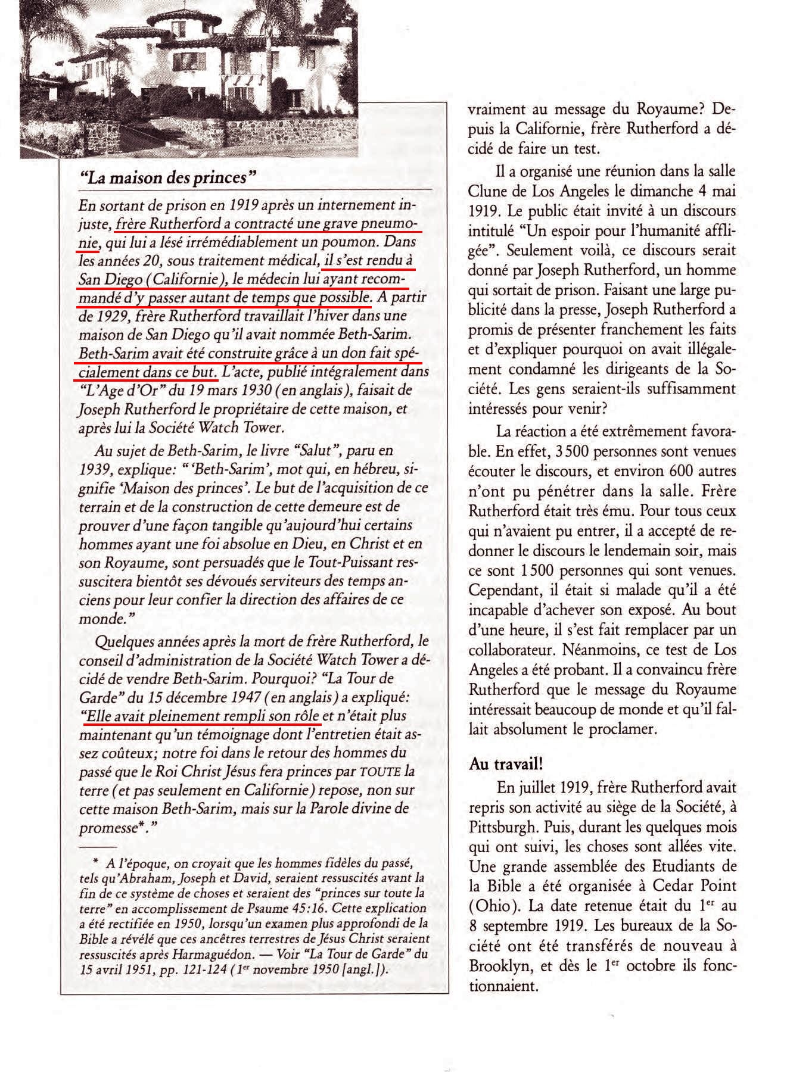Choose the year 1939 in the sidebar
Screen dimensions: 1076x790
point(92,469)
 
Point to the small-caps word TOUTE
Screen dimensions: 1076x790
point(381,772)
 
